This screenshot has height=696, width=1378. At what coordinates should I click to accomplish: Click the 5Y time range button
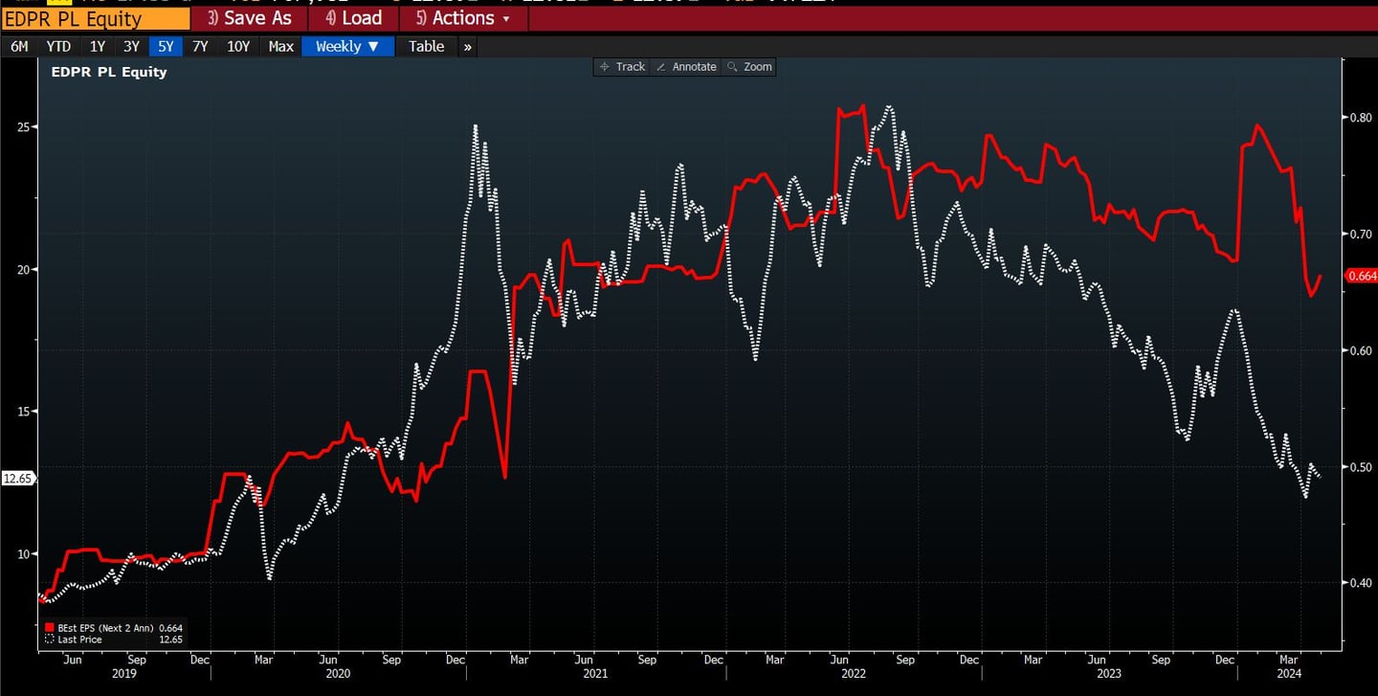(x=166, y=46)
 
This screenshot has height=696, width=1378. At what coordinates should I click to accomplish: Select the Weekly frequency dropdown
(x=347, y=46)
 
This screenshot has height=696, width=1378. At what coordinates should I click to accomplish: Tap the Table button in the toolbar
(x=426, y=46)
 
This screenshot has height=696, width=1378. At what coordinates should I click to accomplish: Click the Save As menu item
(x=250, y=18)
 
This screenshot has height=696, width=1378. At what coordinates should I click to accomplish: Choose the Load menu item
(x=353, y=18)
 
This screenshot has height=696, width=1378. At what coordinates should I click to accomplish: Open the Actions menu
(x=463, y=18)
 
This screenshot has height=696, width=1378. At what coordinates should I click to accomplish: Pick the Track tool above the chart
(x=622, y=67)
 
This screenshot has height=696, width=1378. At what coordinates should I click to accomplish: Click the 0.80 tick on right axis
(x=1361, y=118)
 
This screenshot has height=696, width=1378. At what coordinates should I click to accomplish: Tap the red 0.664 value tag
(x=1361, y=277)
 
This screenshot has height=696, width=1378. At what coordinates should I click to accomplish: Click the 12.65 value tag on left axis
(x=17, y=479)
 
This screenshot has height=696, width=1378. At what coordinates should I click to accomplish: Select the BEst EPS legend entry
(x=113, y=628)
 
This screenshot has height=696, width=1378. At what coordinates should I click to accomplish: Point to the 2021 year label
(x=594, y=673)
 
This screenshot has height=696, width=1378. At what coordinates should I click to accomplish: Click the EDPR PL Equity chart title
(x=108, y=72)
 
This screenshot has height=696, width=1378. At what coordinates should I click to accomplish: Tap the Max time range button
(x=280, y=46)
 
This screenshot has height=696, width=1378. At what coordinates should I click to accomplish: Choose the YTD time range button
(x=58, y=46)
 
